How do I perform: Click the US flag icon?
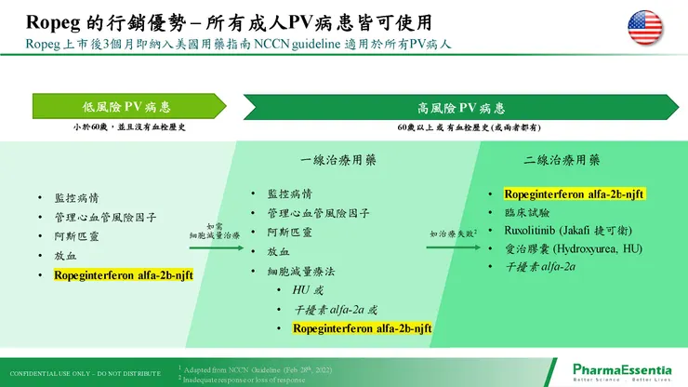tap(647, 27)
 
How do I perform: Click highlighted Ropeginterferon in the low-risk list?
tap(123, 275)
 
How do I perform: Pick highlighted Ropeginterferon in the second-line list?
tap(575, 193)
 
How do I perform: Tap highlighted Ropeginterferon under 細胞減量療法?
tap(363, 328)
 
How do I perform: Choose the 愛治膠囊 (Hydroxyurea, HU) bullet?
tap(573, 248)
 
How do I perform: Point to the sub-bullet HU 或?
tap(310, 290)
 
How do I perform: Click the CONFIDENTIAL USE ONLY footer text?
tap(85, 368)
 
